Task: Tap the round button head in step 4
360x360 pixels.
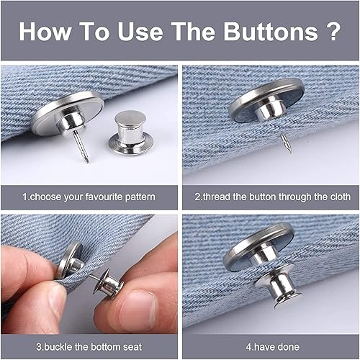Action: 259,245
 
